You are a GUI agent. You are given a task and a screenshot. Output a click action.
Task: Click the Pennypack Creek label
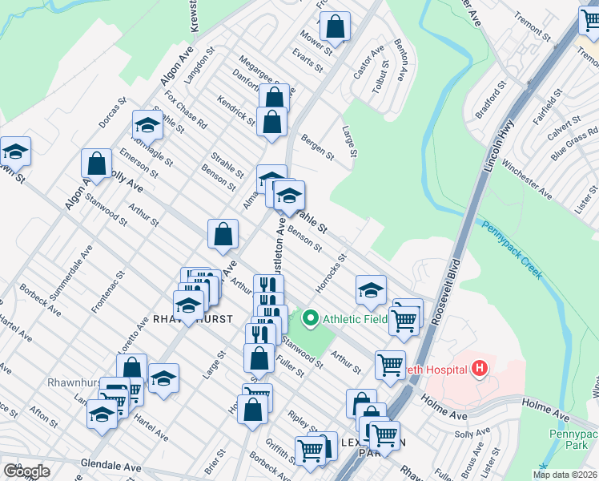tap(513, 249)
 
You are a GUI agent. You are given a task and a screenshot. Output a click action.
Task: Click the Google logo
tap(26, 471)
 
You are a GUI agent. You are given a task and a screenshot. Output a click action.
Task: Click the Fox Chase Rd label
tap(186, 109)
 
